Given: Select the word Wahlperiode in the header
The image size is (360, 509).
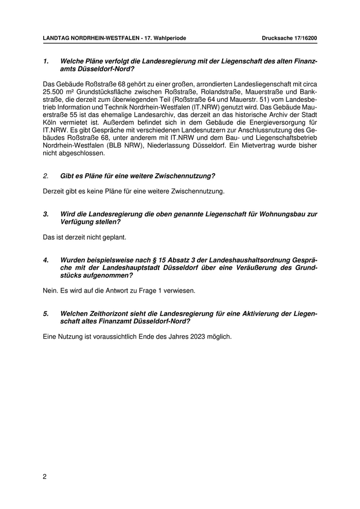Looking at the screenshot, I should pyautogui.click(x=169, y=38).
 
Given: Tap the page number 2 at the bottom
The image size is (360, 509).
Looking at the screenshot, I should pyautogui.click(x=45, y=477).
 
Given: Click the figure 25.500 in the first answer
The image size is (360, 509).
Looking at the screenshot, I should pyautogui.click(x=53, y=92).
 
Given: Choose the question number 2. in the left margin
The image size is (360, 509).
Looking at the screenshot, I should pyautogui.click(x=46, y=175).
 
